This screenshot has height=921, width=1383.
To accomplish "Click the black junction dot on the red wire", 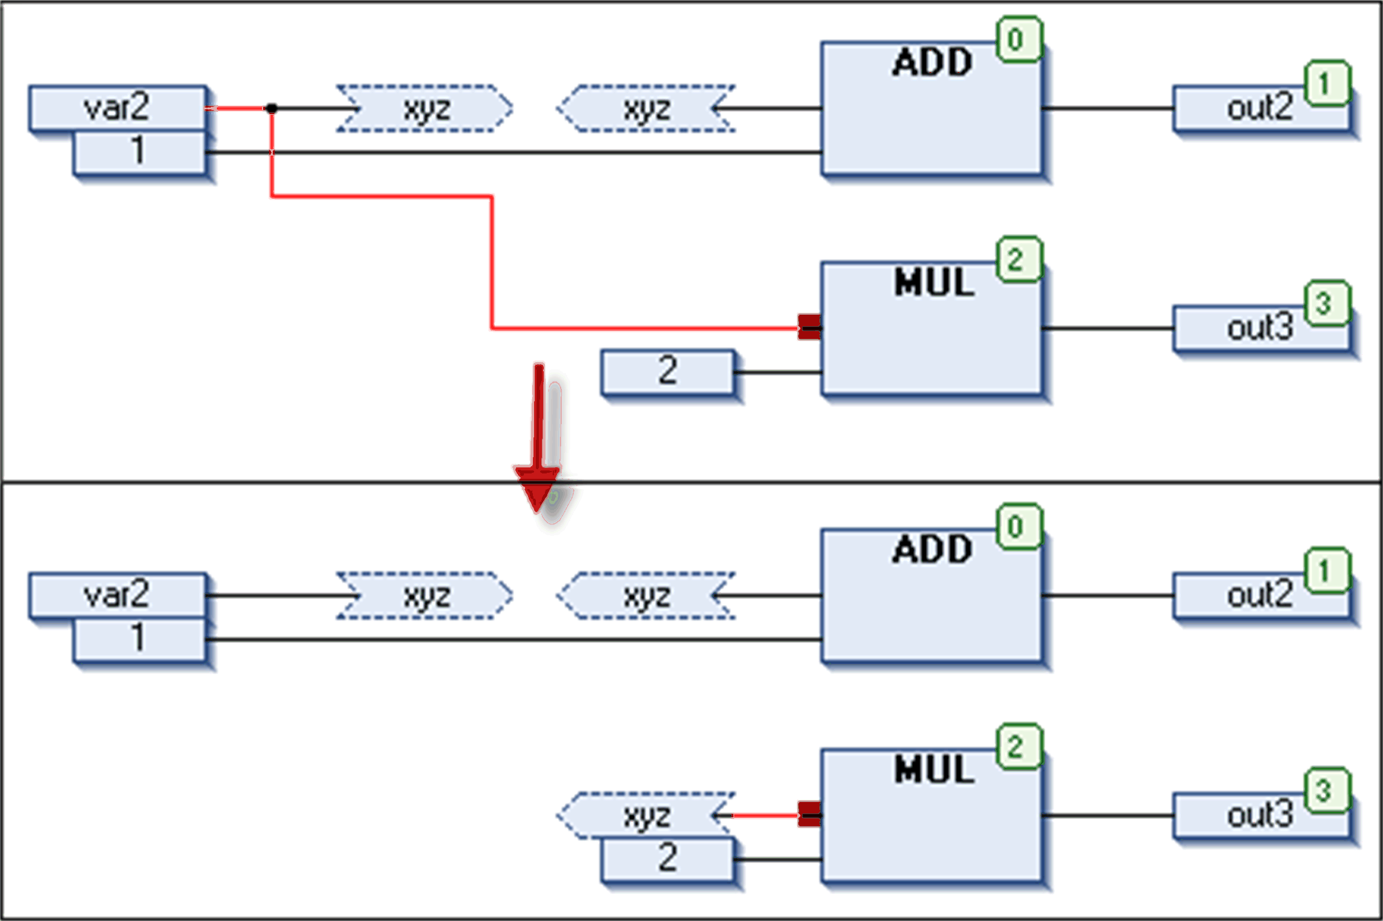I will [x=272, y=109].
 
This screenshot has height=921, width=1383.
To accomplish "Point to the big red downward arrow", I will [x=538, y=439].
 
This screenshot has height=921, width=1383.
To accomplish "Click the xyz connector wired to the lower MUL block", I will [x=646, y=815].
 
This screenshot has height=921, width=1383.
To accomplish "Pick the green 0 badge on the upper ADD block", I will [x=1019, y=40].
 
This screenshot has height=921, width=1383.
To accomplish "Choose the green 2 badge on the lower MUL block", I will [x=1019, y=747].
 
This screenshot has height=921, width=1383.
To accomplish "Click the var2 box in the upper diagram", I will [x=118, y=108].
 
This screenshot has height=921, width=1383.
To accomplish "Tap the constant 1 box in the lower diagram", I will [x=139, y=639].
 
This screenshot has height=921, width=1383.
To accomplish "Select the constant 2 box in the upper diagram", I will [x=667, y=371].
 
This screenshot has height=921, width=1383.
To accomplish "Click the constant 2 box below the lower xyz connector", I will [x=667, y=859].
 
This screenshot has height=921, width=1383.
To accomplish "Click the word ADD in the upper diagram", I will [x=932, y=62].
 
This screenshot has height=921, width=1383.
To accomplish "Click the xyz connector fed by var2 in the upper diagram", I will [x=425, y=109].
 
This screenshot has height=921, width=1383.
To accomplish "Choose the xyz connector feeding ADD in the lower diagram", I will [x=646, y=596].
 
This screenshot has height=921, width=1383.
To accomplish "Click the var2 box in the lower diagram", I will [x=118, y=595].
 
